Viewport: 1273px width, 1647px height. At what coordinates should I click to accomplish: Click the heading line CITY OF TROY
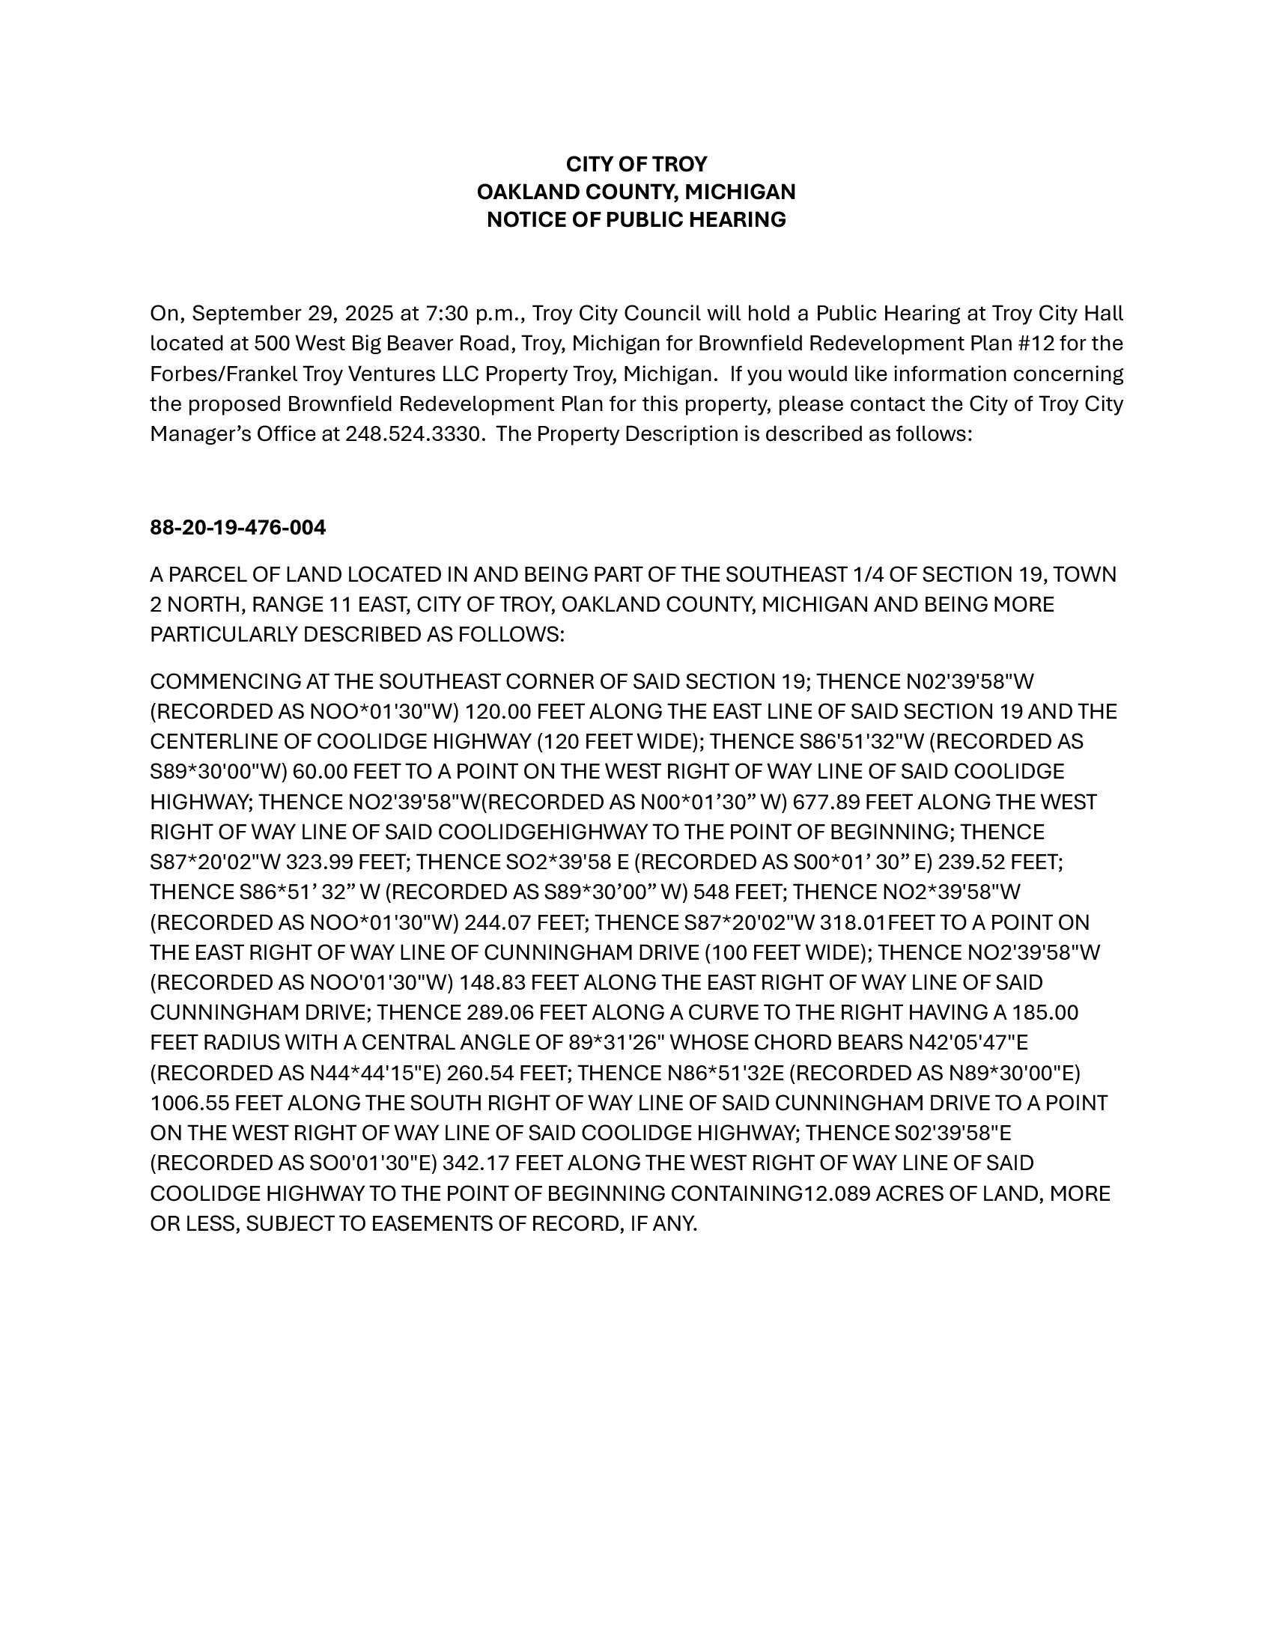pos(636,165)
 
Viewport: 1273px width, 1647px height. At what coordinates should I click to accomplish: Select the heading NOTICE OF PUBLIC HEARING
pos(636,219)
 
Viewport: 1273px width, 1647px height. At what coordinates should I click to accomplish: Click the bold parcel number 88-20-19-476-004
pos(237,527)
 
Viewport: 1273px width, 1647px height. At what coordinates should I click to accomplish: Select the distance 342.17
pos(476,1163)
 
